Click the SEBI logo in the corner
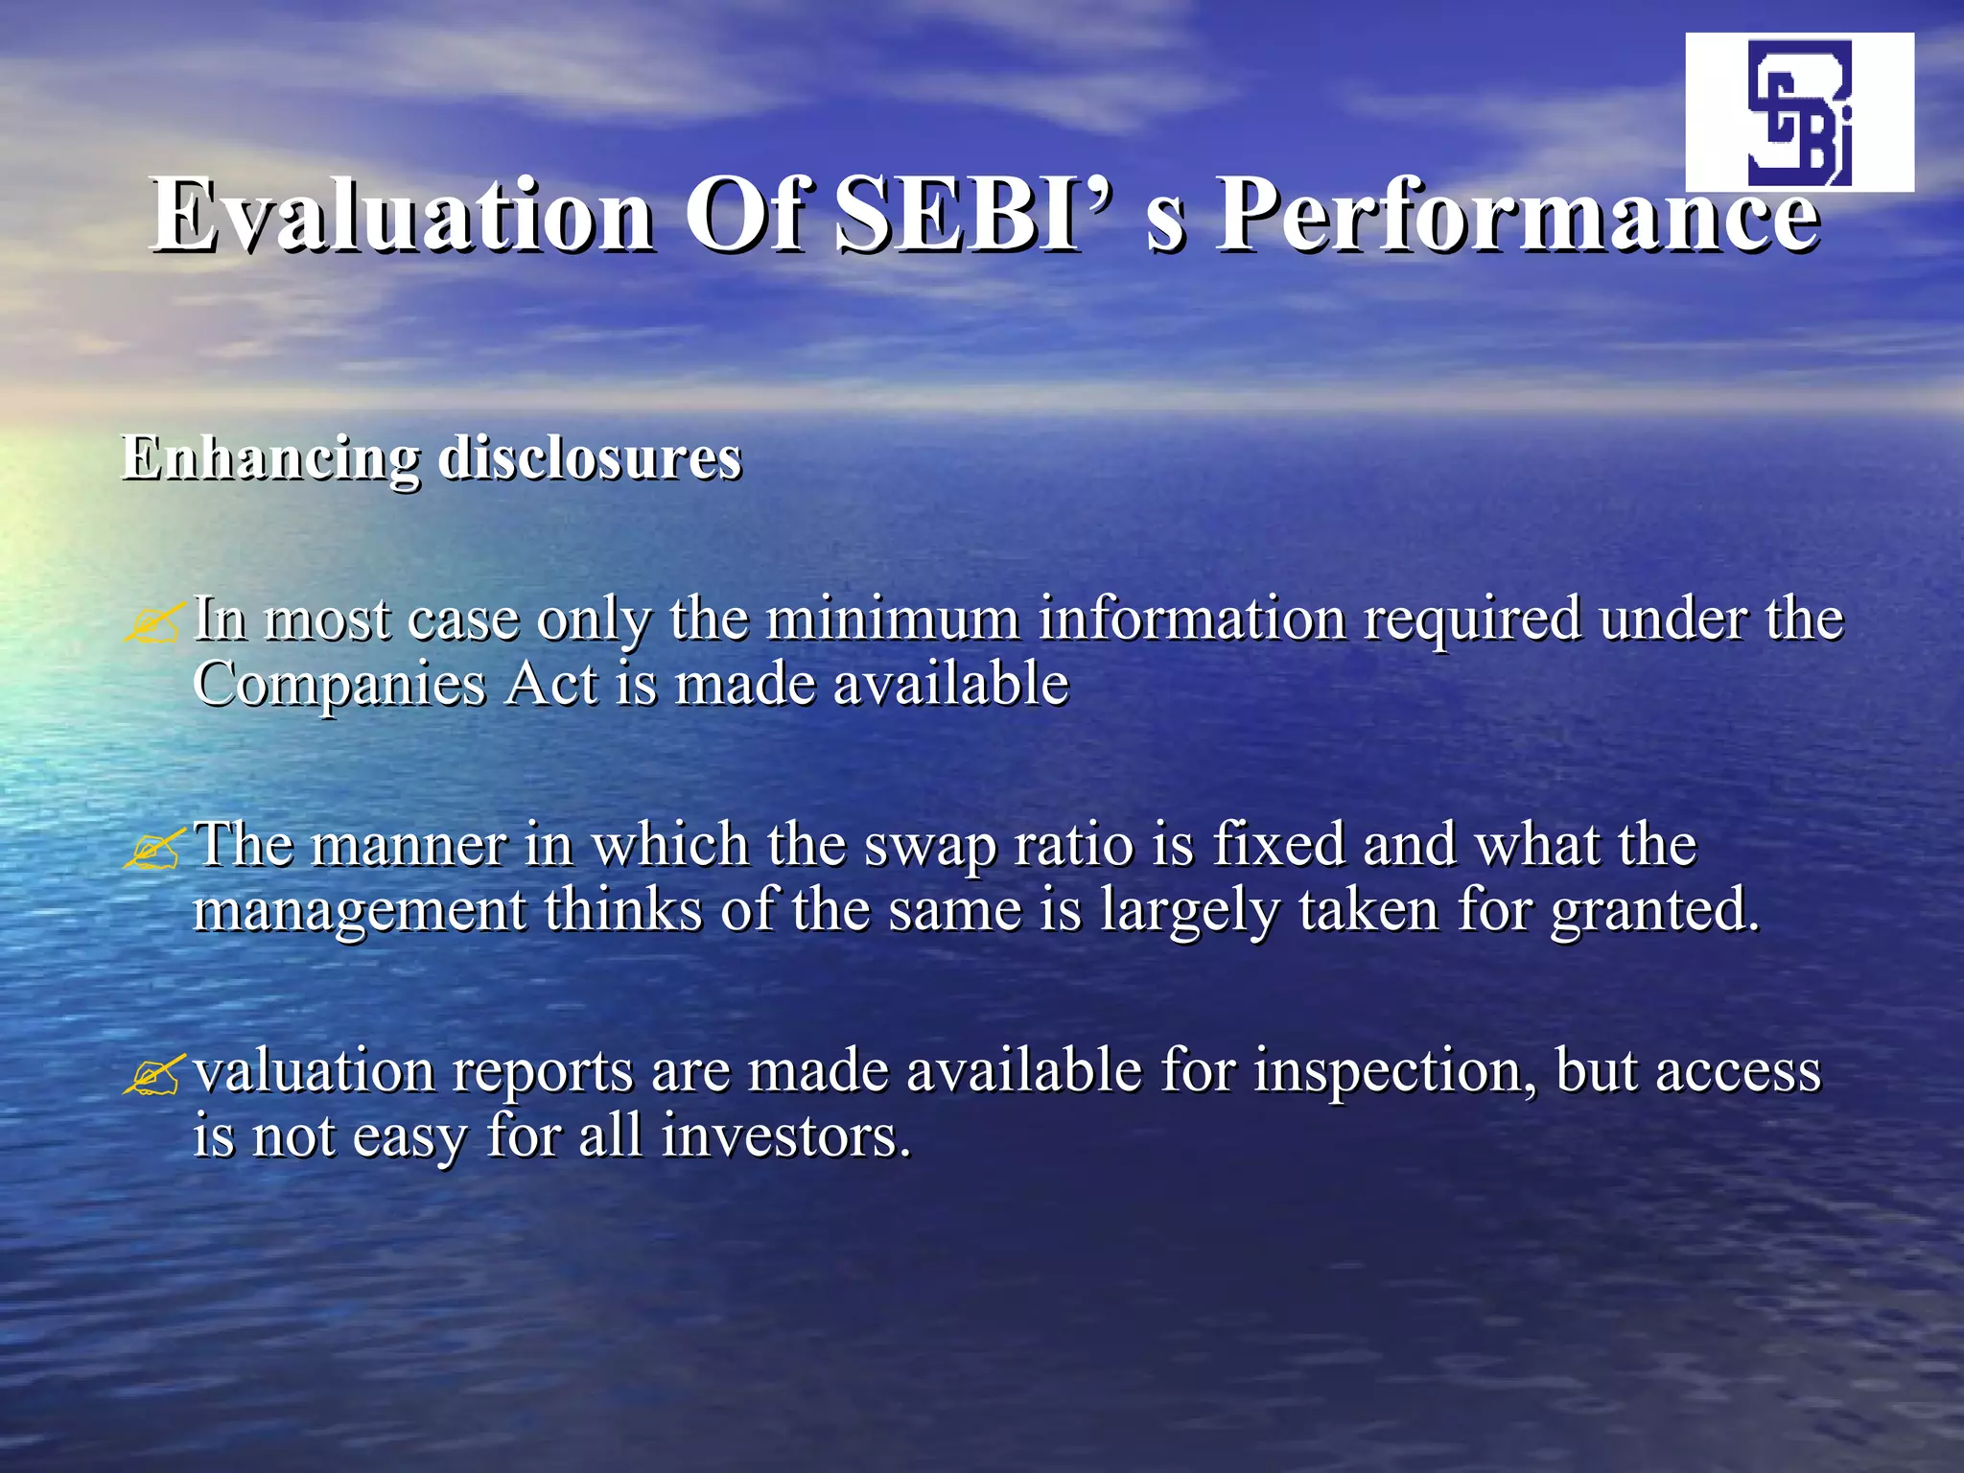1799,112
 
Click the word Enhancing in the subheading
269,458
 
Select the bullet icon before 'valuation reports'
152,1074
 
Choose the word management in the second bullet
359,911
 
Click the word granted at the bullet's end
1653,911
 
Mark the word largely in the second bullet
1189,911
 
